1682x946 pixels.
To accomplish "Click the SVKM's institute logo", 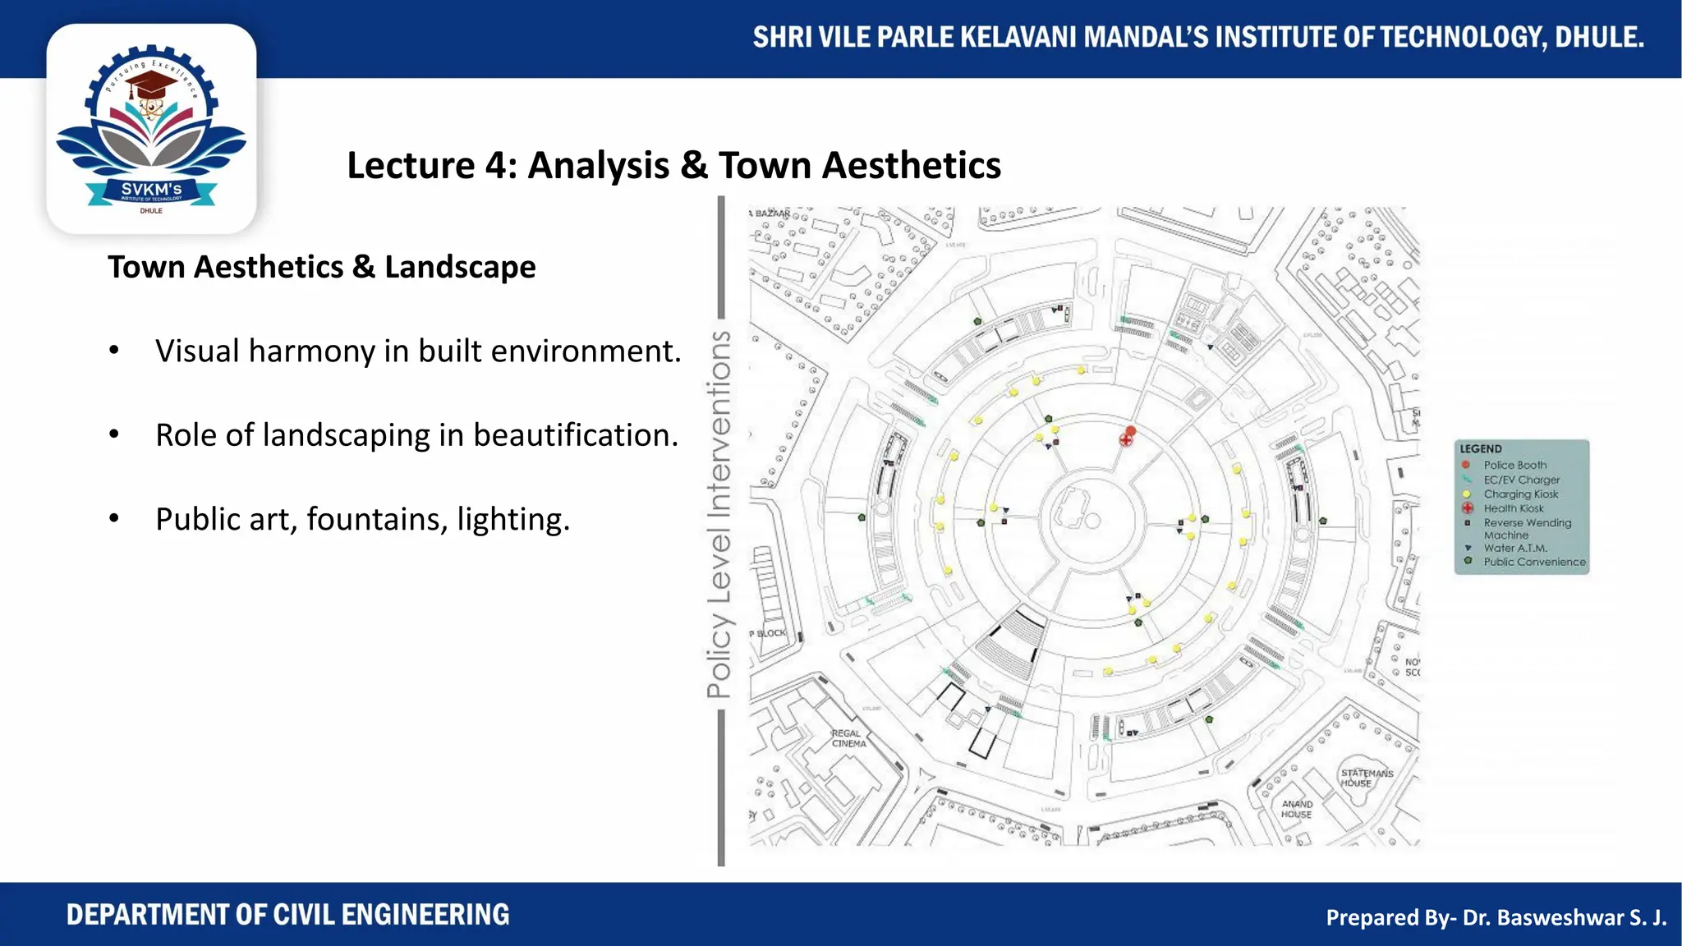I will point(151,130).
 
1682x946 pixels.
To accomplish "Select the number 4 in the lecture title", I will point(495,165).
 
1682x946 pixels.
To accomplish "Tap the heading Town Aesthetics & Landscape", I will point(321,267).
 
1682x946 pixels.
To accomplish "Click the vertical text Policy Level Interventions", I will point(719,515).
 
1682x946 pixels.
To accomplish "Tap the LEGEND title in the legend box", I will point(1480,449).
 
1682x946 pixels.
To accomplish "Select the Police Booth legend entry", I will point(1514,465).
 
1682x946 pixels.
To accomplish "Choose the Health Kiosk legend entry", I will point(1513,508).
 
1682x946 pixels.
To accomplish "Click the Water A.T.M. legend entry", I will point(1514,548).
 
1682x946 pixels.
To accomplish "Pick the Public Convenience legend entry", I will point(1533,563).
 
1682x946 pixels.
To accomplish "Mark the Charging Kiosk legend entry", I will point(1520,494).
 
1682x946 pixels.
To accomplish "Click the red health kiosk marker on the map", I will point(1126,440).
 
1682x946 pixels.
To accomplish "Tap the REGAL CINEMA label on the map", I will point(848,738).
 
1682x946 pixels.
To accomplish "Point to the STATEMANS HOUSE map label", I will point(1366,778).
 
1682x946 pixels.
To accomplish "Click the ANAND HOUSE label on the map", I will point(1297,809).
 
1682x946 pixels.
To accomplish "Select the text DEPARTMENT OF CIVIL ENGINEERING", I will point(287,915).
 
